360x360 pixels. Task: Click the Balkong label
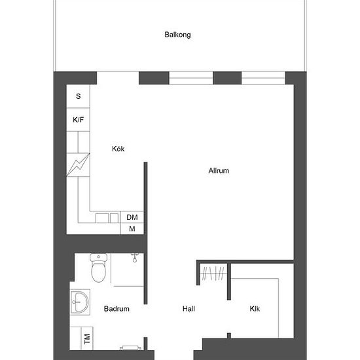click(x=177, y=35)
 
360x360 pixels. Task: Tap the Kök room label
click(x=118, y=149)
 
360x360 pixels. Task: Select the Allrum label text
click(x=219, y=171)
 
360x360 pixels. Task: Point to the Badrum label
click(x=117, y=308)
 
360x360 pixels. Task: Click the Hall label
click(x=189, y=308)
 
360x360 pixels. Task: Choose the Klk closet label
click(x=255, y=308)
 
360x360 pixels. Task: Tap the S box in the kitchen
click(x=79, y=96)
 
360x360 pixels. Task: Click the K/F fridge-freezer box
click(x=79, y=120)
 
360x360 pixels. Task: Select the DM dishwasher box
click(x=132, y=217)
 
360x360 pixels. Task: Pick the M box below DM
click(x=132, y=228)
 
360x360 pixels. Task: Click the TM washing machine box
click(x=86, y=338)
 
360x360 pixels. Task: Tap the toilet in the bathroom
click(x=99, y=268)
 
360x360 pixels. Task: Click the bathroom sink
click(x=80, y=302)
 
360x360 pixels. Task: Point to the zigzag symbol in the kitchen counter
click(x=79, y=164)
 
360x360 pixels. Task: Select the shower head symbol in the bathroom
click(x=135, y=257)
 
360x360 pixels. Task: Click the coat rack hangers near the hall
click(x=213, y=273)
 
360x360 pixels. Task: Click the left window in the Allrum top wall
click(x=191, y=79)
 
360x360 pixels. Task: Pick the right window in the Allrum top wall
click(x=263, y=79)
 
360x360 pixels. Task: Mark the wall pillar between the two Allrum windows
click(x=227, y=79)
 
